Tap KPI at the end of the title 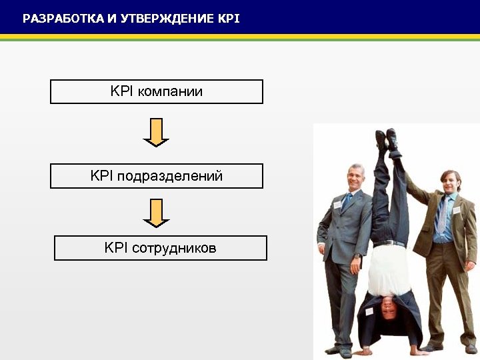point(229,19)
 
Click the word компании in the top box point(170,91)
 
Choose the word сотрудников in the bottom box point(175,248)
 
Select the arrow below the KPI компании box point(156,132)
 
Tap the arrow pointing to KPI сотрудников point(156,213)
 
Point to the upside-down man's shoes point(387,140)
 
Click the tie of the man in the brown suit point(442,215)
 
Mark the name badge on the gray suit point(337,205)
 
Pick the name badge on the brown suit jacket point(457,209)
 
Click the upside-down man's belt point(389,243)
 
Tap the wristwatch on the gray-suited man point(357,255)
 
